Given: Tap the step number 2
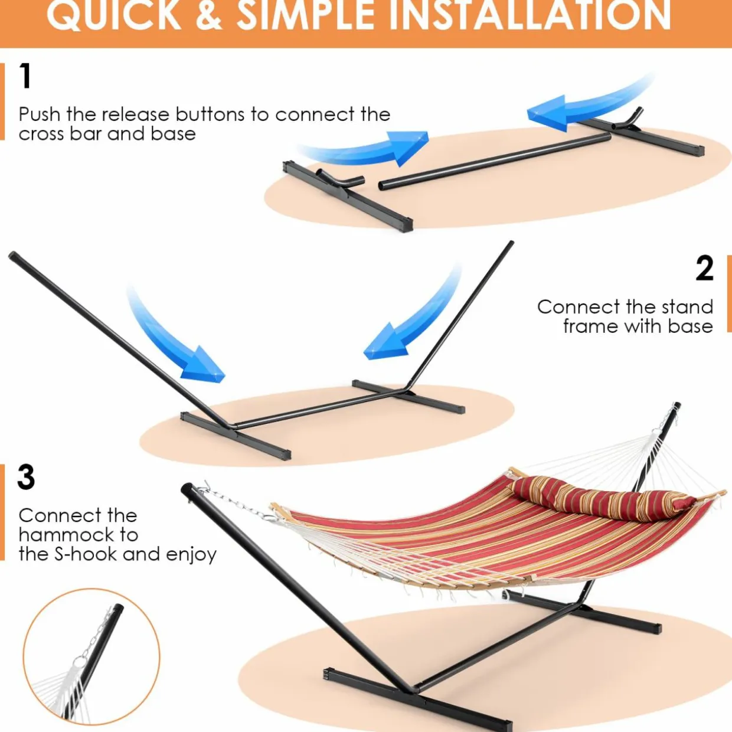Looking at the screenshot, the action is pyautogui.click(x=704, y=268).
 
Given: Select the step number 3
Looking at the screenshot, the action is pyautogui.click(x=26, y=477).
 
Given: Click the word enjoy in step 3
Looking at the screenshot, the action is pyautogui.click(x=191, y=555).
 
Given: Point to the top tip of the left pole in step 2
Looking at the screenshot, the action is pyautogui.click(x=12, y=255).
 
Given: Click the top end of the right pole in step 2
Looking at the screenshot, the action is pyautogui.click(x=511, y=243).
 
